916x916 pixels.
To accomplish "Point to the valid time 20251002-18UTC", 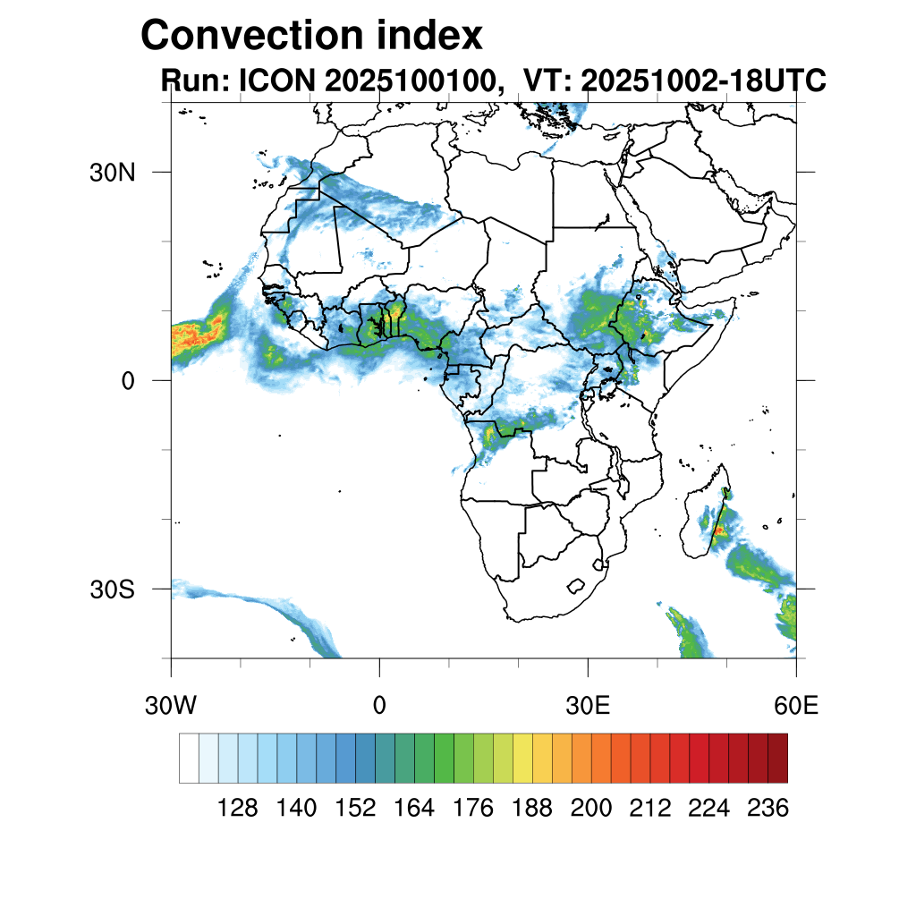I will point(703,81).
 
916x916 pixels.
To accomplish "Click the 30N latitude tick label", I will point(112,172).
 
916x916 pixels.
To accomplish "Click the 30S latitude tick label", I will point(112,589).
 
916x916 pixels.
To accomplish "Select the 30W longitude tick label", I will point(171,706).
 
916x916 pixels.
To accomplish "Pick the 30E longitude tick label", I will point(588,706).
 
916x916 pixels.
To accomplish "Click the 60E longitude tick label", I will point(796,706).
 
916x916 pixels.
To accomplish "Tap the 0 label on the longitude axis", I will point(379,706).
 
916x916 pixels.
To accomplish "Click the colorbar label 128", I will point(238,809).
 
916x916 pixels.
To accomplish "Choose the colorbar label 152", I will point(355,809).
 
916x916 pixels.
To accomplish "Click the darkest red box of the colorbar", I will point(777,758).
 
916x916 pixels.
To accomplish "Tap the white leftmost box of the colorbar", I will point(189,758).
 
